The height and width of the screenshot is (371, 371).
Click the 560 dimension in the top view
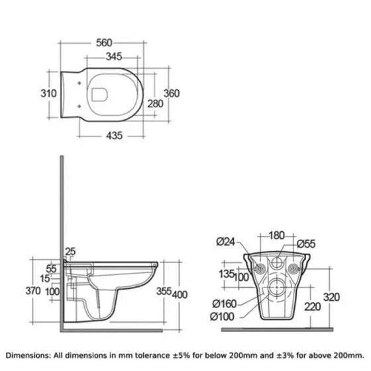[104, 43]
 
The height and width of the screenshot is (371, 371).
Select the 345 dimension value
[114, 56]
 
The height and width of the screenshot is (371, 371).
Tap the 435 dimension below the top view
[114, 136]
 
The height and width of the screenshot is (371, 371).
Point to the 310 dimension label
[48, 93]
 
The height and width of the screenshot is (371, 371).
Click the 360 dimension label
[172, 93]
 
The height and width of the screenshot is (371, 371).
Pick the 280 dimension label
[155, 103]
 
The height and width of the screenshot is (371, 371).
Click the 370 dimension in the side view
[33, 291]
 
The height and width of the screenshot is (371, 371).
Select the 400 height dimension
[180, 295]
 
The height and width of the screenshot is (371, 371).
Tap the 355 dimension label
[164, 291]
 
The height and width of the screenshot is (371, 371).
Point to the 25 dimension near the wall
[70, 252]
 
